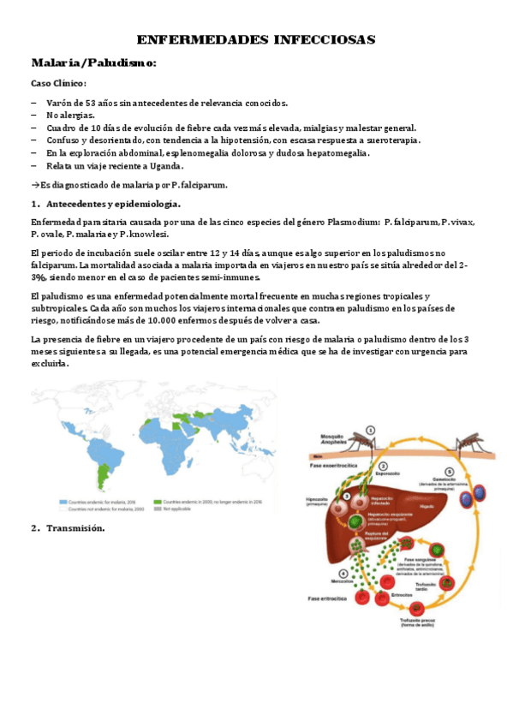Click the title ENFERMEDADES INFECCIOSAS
(256, 40)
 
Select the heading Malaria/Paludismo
(93, 63)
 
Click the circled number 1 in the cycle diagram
(370, 431)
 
